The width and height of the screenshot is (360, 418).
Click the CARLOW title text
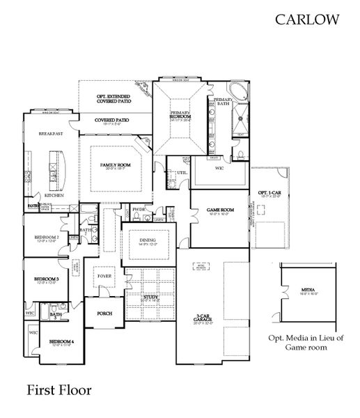tap(307, 20)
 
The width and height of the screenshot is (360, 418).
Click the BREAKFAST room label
tap(51, 133)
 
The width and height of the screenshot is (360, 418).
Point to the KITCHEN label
tap(54, 196)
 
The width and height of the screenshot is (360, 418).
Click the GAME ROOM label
tap(220, 210)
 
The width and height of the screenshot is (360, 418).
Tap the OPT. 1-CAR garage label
tap(269, 193)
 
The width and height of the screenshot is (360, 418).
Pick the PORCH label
tap(104, 313)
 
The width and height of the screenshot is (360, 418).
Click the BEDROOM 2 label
tap(47, 238)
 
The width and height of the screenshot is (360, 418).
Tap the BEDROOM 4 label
tap(61, 341)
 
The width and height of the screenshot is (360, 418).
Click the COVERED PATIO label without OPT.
tap(114, 120)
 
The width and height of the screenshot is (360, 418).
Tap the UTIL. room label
tap(182, 171)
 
